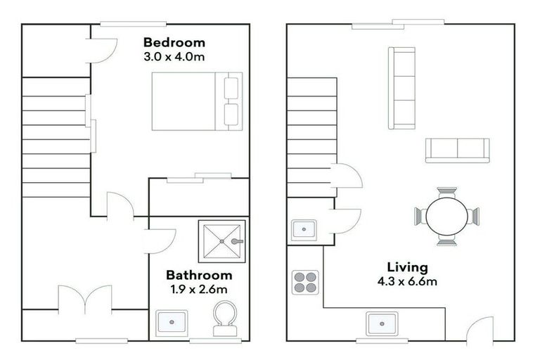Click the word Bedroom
(x=174, y=42)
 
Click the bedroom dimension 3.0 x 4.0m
(x=174, y=56)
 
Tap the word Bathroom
(x=199, y=275)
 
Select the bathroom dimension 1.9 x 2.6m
(x=199, y=289)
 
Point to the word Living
(x=407, y=267)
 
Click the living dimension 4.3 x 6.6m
(x=407, y=281)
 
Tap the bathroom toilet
(x=225, y=319)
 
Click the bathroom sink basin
(x=172, y=323)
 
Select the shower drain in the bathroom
(x=222, y=241)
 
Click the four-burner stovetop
(x=305, y=282)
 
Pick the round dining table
(x=446, y=217)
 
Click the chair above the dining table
(x=447, y=193)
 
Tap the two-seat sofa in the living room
(x=457, y=150)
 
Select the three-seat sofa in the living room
(x=401, y=88)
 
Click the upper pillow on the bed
(x=231, y=88)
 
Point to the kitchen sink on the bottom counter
(x=382, y=324)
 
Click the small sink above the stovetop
(x=304, y=229)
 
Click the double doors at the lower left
(x=84, y=299)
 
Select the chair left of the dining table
(x=420, y=217)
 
